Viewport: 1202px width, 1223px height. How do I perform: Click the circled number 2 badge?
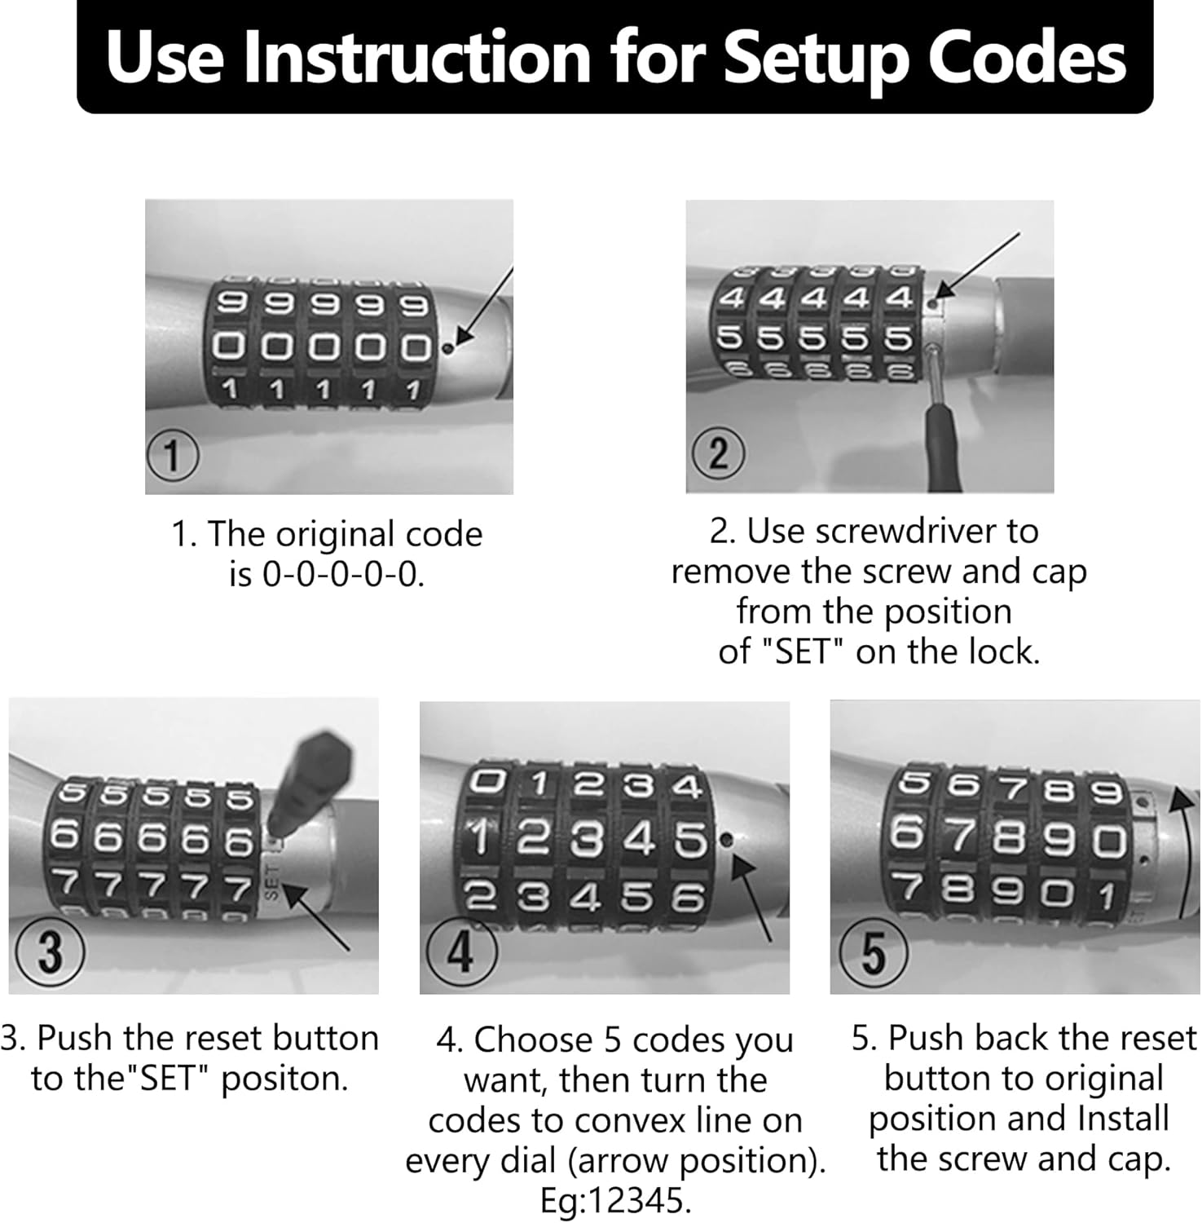[x=718, y=453]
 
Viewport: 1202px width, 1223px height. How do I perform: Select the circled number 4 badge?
[x=461, y=951]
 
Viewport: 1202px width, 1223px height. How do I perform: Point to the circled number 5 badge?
[x=873, y=951]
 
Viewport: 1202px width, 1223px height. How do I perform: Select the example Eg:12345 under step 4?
[x=615, y=1201]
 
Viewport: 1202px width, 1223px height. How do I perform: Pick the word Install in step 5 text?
[x=1122, y=1118]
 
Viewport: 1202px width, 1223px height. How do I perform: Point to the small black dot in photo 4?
[x=727, y=839]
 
